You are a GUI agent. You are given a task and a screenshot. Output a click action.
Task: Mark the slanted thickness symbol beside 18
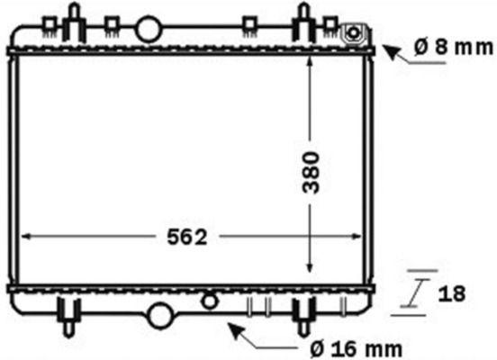point(416,292)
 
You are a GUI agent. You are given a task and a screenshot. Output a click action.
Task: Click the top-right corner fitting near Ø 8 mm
point(354,34)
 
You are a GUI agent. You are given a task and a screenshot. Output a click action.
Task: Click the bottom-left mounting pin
point(69,315)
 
